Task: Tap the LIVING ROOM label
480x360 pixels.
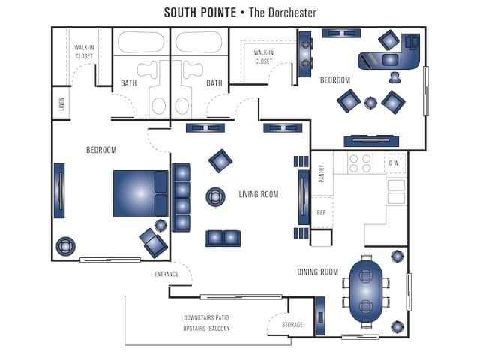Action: (x=259, y=195)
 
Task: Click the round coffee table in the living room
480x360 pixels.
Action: (x=216, y=196)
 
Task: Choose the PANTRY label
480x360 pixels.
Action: (x=321, y=174)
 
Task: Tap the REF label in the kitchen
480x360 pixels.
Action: (x=321, y=213)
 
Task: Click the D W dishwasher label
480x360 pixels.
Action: (x=394, y=163)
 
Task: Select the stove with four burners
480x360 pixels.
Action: (x=360, y=163)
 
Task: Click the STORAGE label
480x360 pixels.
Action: (x=292, y=325)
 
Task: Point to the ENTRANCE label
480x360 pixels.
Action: (x=166, y=274)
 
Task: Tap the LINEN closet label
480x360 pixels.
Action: (x=61, y=104)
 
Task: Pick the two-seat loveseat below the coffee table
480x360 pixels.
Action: (x=223, y=238)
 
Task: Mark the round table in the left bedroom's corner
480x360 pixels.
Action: (x=66, y=244)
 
